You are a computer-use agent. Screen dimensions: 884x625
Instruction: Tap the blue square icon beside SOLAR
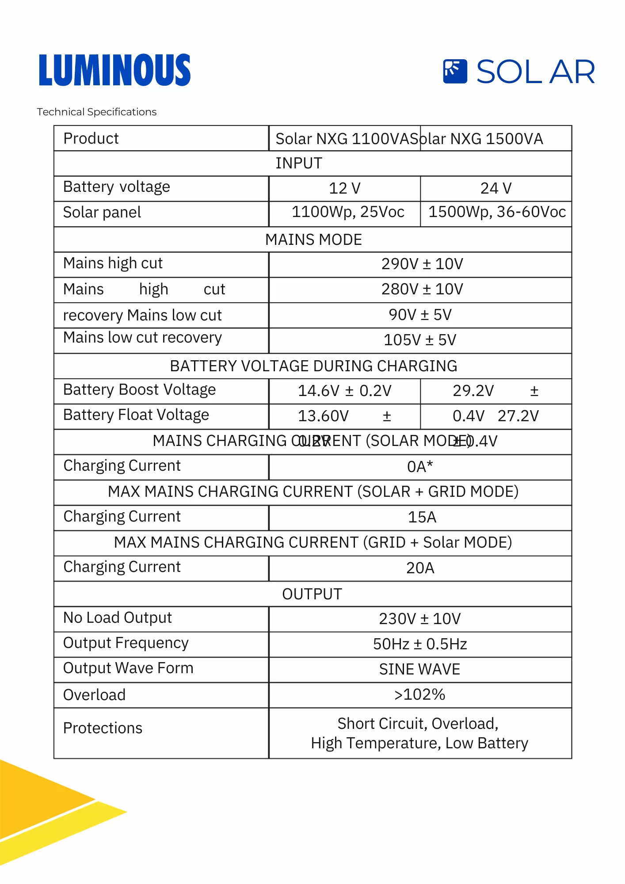(455, 71)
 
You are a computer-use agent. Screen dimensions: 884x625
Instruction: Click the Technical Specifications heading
(96, 112)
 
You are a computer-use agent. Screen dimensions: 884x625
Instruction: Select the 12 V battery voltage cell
(344, 188)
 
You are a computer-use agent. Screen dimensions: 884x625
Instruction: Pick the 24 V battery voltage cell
(495, 188)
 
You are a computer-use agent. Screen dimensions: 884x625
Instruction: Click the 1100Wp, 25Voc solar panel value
(348, 212)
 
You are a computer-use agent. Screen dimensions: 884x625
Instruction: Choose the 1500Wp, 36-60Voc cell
(497, 212)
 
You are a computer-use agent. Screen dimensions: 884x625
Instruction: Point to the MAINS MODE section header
(313, 240)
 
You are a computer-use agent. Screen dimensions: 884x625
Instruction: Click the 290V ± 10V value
(422, 264)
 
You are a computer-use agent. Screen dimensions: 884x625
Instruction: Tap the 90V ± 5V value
(420, 315)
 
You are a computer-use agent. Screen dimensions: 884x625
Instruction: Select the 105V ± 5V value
(420, 340)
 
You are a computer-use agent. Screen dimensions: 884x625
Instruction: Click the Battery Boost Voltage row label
(140, 390)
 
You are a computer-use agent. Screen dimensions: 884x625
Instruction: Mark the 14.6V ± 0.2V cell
(344, 391)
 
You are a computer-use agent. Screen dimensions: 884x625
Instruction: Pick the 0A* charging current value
(420, 467)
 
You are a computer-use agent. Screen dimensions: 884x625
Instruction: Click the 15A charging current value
(422, 517)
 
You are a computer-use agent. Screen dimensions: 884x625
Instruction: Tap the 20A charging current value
(420, 568)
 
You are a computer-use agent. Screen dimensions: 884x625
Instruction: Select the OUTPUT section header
(312, 594)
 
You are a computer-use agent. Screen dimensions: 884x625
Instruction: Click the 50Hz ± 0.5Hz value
(420, 644)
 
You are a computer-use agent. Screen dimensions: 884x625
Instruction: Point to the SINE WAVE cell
(419, 669)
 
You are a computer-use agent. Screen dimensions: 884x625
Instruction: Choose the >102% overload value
(419, 694)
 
